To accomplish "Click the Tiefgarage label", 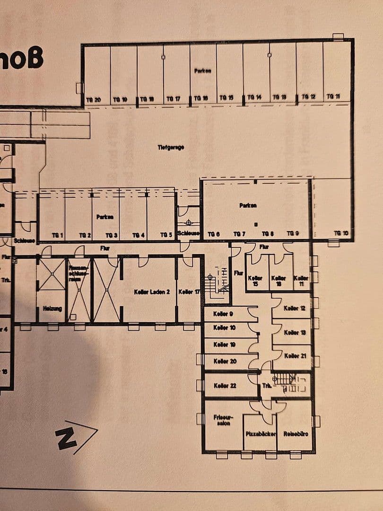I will pos(171,148).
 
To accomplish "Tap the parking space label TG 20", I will pos(93,99).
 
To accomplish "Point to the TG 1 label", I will pos(58,235).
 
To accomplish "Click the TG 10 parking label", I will pos(340,233).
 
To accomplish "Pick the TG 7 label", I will pos(239,234).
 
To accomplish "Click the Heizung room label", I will pos(52,308).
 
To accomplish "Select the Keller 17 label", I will pos(189,292).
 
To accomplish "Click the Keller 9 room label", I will pos(223,314).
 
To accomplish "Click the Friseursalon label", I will pos(222,420).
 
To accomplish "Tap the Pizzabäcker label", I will pos(260,434).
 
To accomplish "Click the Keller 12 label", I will pos(294,308).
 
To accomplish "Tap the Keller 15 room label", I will pos(255,282).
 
